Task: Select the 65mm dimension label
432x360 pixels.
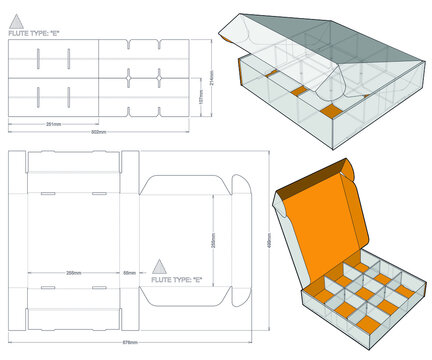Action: (129, 272)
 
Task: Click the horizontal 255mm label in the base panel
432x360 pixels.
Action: (74, 272)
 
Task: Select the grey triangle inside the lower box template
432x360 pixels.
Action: (158, 265)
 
